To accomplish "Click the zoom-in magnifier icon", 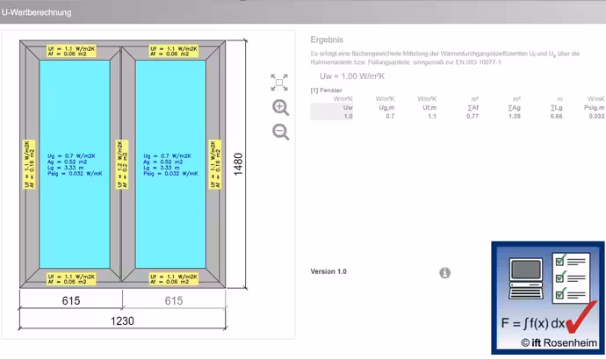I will coord(280,108).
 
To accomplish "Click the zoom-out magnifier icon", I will coord(280,133).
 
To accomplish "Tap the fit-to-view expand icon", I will coord(279,83).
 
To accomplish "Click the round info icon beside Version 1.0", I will coord(444,273).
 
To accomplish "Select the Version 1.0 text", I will coord(328,272).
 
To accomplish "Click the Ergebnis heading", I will coord(327,40).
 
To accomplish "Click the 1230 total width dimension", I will coord(122,320).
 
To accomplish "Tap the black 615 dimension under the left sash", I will coord(71,301).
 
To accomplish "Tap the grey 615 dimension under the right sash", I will coord(174,301).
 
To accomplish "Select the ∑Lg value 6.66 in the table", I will coord(558,116).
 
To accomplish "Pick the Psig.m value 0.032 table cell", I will coord(595,116).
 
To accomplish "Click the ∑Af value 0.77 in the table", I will coord(473,116).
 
